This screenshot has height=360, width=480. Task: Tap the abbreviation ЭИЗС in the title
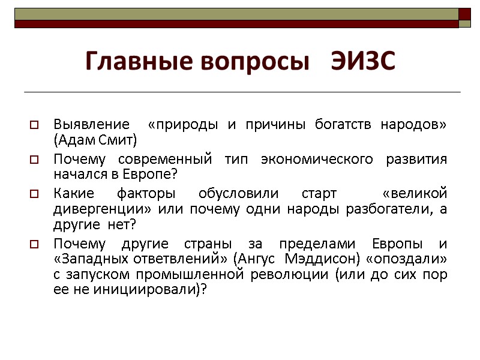pos(364,61)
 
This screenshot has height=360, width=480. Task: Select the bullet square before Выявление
pos(34,125)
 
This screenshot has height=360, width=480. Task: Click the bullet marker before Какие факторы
pos(34,195)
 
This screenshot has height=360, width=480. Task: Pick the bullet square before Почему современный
pos(34,160)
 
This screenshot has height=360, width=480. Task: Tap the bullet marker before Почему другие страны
pos(34,245)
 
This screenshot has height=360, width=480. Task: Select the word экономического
pos(312,160)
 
